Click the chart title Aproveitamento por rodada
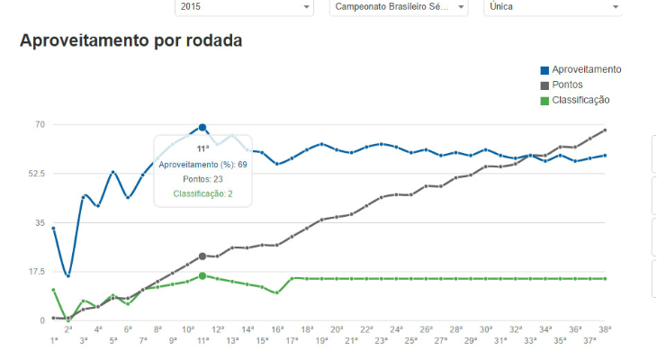pyautogui.click(x=130, y=41)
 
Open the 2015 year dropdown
pyautogui.click(x=243, y=7)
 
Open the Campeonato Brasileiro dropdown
pyautogui.click(x=399, y=7)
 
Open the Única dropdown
pyautogui.click(x=553, y=7)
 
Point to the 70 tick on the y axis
pyautogui.click(x=40, y=124)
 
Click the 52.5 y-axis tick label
pyautogui.click(x=37, y=173)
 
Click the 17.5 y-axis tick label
pyautogui.click(x=37, y=271)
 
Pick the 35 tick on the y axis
pyautogui.click(x=40, y=222)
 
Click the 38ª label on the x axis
pyautogui.click(x=606, y=329)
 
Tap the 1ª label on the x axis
pyautogui.click(x=54, y=341)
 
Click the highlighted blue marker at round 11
pyautogui.click(x=202, y=128)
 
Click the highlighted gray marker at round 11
pyautogui.click(x=202, y=256)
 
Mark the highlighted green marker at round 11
pyautogui.click(x=202, y=275)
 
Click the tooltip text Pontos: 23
pyautogui.click(x=202, y=179)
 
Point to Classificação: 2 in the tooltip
pyautogui.click(x=202, y=193)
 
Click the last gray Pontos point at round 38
pyautogui.click(x=605, y=130)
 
